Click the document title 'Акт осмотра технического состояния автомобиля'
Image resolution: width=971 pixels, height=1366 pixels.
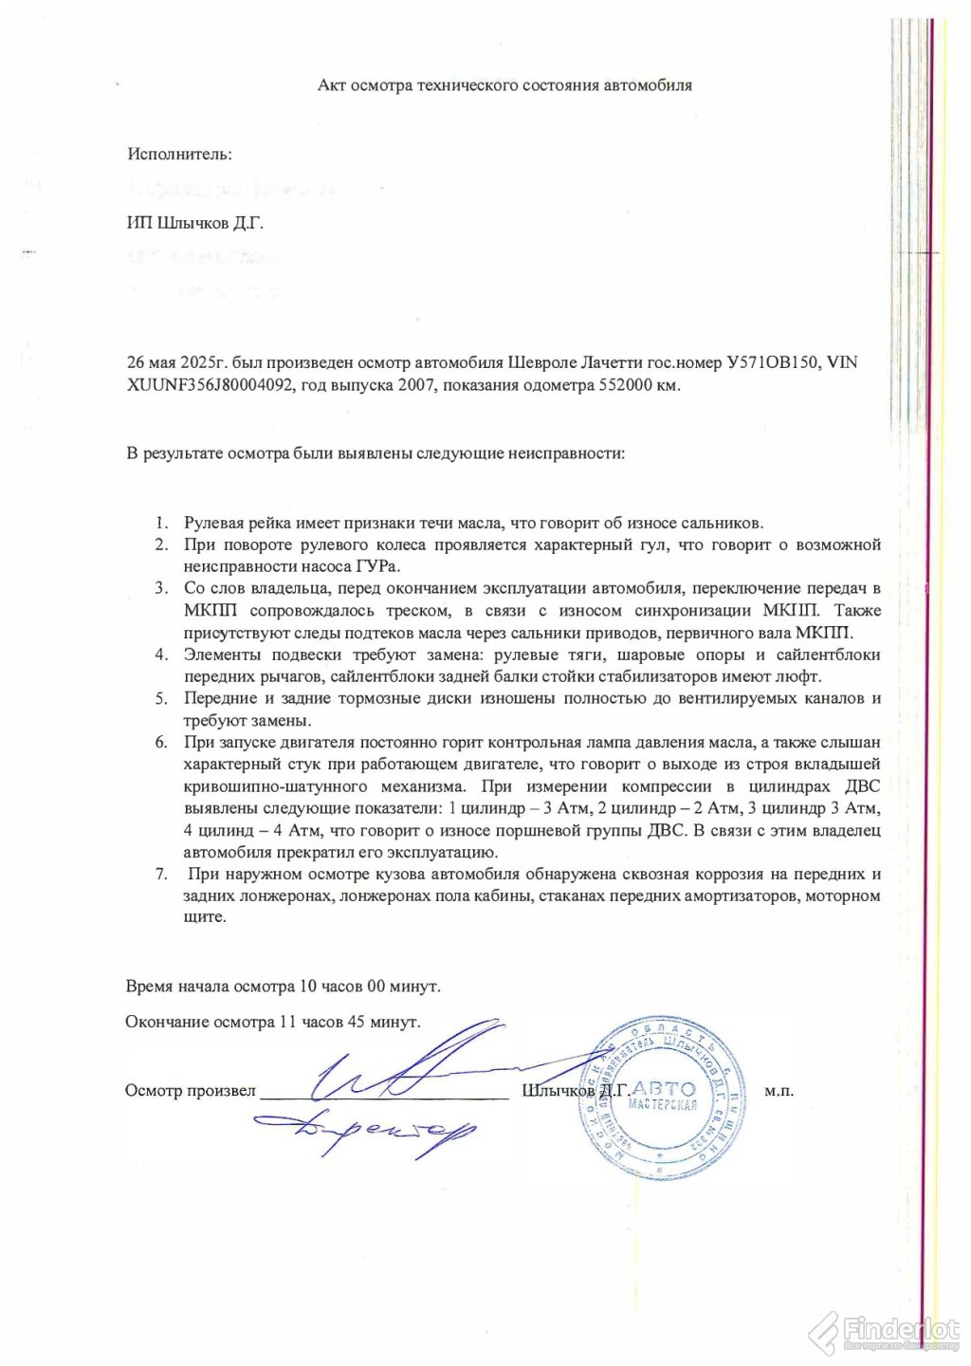tap(504, 85)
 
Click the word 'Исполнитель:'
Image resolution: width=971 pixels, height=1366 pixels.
tap(179, 154)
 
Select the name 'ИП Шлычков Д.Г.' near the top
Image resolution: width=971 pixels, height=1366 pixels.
tap(194, 223)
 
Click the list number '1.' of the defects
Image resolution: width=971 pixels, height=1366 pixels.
tap(162, 523)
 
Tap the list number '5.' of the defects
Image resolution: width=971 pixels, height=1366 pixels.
tap(162, 698)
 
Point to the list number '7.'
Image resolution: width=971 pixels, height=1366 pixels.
tap(162, 874)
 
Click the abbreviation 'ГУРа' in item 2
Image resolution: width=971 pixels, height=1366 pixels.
tap(376, 566)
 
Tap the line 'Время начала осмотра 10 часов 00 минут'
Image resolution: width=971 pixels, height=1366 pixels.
tap(283, 987)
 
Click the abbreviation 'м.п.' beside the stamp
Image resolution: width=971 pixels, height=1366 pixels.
tap(779, 1091)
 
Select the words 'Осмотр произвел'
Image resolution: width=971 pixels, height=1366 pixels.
tap(190, 1091)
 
